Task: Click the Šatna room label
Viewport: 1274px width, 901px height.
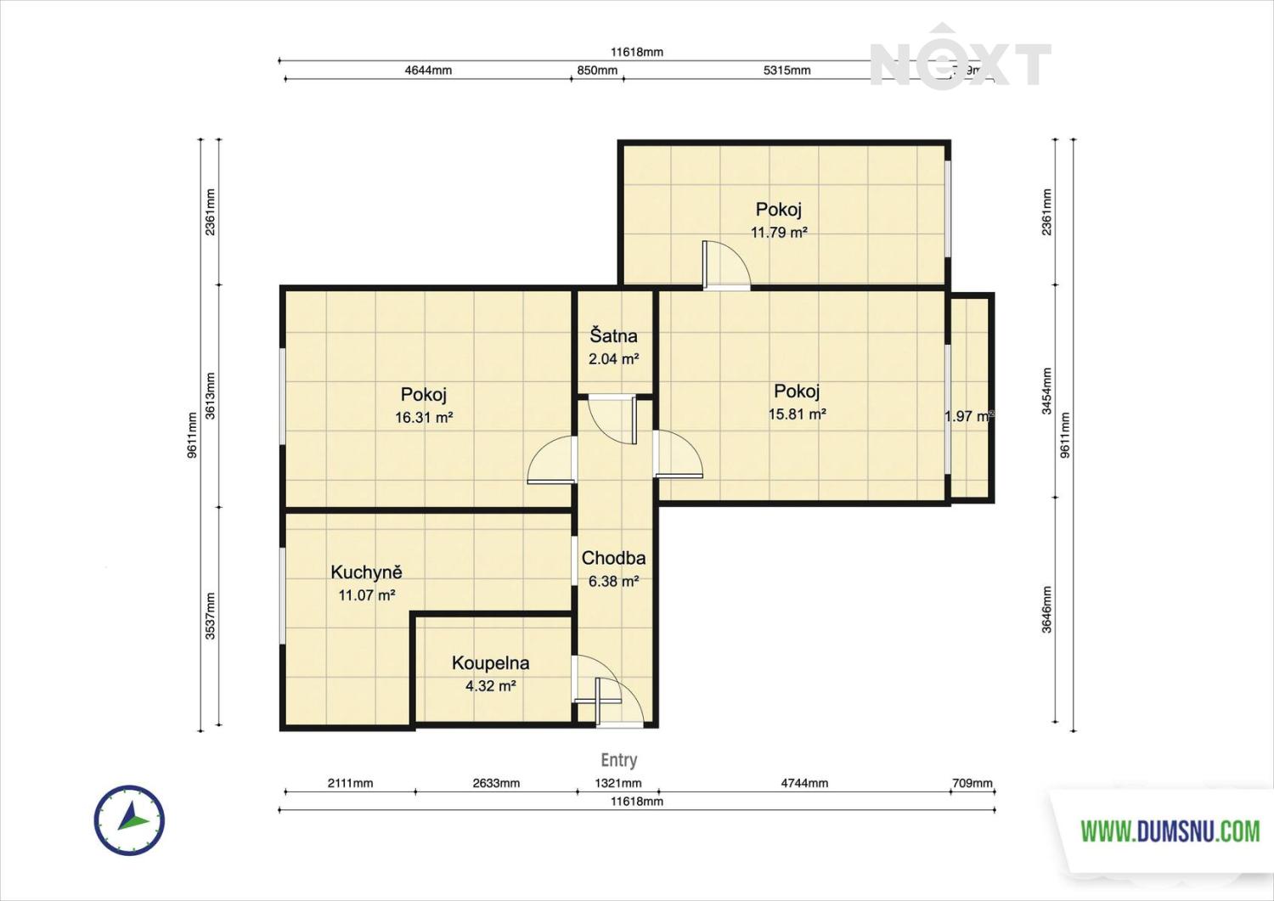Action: (x=613, y=336)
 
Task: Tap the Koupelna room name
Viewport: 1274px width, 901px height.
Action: (x=490, y=663)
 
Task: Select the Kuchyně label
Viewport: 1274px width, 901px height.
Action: (x=366, y=572)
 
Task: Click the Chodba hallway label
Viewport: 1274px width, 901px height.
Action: (x=613, y=558)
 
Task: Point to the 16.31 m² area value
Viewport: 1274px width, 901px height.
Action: (x=423, y=418)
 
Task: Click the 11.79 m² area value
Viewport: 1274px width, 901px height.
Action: (x=778, y=233)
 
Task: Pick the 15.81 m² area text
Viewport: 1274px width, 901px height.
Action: (x=797, y=414)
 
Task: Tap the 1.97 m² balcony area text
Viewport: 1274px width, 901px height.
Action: (x=969, y=416)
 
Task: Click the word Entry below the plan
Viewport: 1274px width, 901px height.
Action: (x=618, y=760)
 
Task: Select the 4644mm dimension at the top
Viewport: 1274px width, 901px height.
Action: (x=428, y=70)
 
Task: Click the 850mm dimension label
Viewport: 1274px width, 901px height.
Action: (x=597, y=70)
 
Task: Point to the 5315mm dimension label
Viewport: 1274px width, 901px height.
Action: (x=786, y=70)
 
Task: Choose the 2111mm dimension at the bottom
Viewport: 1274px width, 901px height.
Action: (x=350, y=783)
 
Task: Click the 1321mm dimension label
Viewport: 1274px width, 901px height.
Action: (x=617, y=783)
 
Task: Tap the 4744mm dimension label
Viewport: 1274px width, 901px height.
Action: (x=804, y=783)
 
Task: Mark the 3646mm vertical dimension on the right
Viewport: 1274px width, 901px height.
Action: (x=1046, y=610)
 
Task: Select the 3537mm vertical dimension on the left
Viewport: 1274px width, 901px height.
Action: (x=210, y=616)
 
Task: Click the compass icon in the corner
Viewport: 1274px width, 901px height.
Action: (x=129, y=820)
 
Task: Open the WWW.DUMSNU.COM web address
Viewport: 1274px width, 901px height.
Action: (x=1170, y=831)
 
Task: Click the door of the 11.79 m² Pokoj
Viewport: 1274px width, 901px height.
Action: (x=726, y=266)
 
